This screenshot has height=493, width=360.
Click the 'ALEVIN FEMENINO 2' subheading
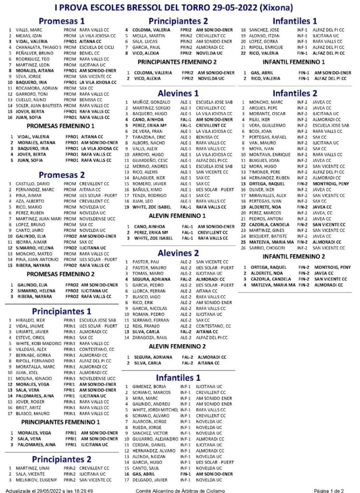178,346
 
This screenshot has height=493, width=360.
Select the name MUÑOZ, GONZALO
149,103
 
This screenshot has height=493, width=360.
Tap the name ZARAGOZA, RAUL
150,337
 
